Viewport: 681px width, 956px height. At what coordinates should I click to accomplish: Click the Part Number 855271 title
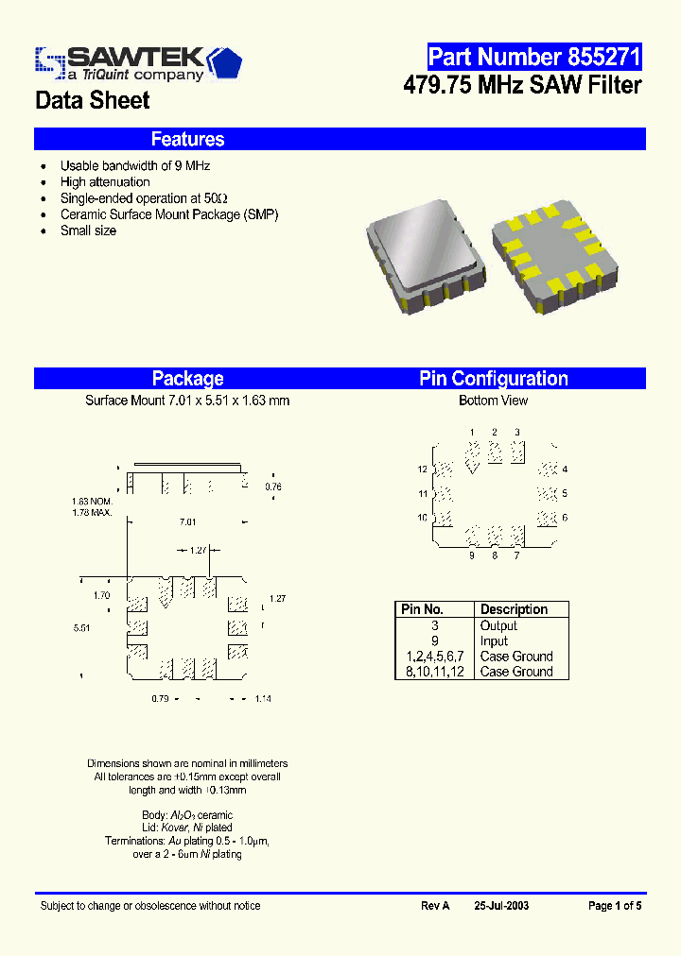point(534,56)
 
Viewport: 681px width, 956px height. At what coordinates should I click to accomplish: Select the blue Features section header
point(187,139)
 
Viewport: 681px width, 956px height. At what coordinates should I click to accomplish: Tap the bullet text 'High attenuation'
point(105,181)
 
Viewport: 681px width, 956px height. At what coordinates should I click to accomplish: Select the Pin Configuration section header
point(494,379)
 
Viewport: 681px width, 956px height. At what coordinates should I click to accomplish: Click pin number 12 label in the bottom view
point(423,469)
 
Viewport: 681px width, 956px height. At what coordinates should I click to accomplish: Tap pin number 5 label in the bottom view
point(565,493)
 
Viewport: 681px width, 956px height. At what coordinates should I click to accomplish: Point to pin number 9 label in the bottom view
point(472,555)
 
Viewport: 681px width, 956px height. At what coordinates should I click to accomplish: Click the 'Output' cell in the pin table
point(498,625)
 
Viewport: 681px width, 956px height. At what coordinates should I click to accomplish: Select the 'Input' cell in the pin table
point(494,640)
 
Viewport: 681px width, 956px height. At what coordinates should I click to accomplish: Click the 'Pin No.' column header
point(422,609)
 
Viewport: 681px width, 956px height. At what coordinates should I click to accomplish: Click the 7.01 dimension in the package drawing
point(188,521)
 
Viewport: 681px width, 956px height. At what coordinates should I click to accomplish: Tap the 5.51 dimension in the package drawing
point(82,626)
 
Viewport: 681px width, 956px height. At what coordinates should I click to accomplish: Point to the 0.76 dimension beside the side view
point(273,487)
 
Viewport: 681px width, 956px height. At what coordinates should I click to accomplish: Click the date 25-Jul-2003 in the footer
point(502,905)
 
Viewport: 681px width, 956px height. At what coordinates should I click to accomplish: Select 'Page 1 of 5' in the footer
point(615,905)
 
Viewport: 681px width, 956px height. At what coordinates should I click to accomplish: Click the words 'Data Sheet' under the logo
point(93,100)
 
